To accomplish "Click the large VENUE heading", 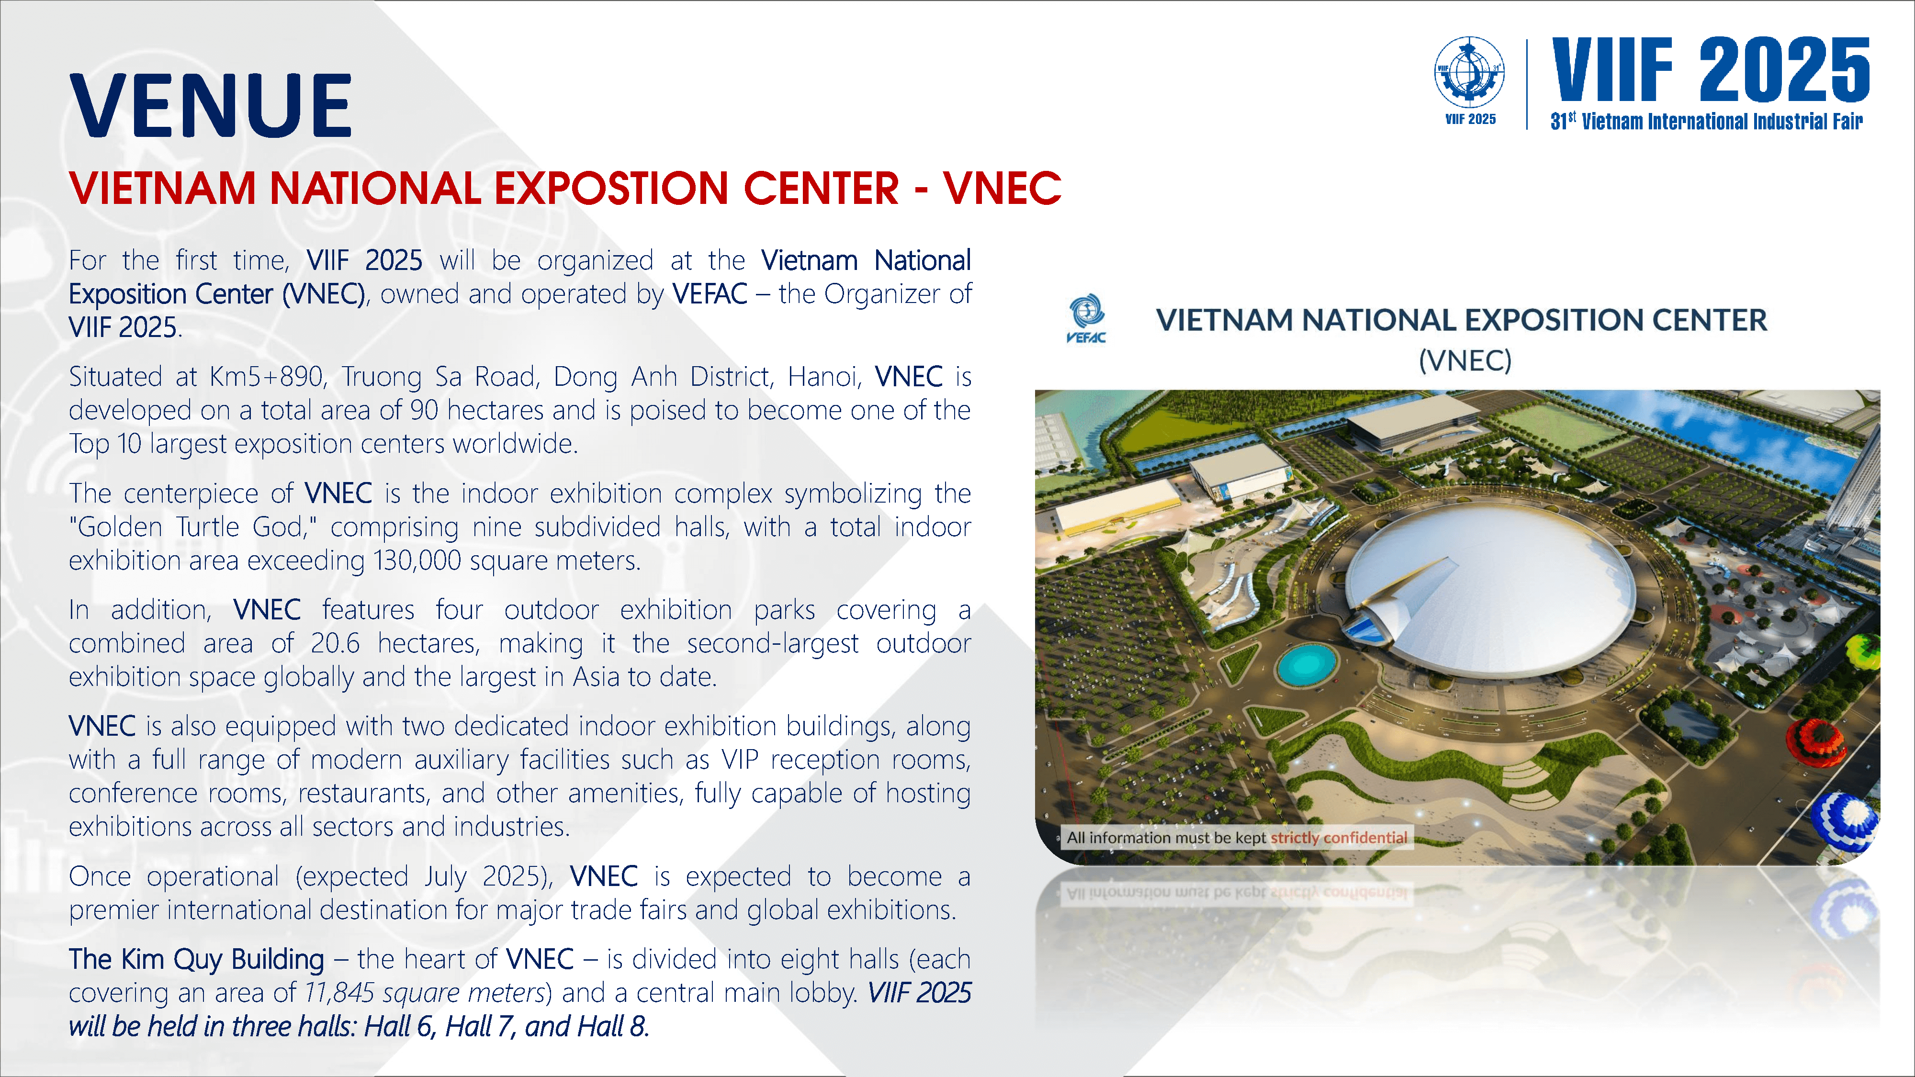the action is [x=210, y=105].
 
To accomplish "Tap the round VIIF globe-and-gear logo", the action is [x=1470, y=73].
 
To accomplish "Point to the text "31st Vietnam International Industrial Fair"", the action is [x=1707, y=121].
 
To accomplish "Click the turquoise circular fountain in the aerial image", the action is [x=1306, y=664].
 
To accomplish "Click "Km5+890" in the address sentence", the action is [x=267, y=376].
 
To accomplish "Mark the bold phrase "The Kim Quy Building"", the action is [x=196, y=960].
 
